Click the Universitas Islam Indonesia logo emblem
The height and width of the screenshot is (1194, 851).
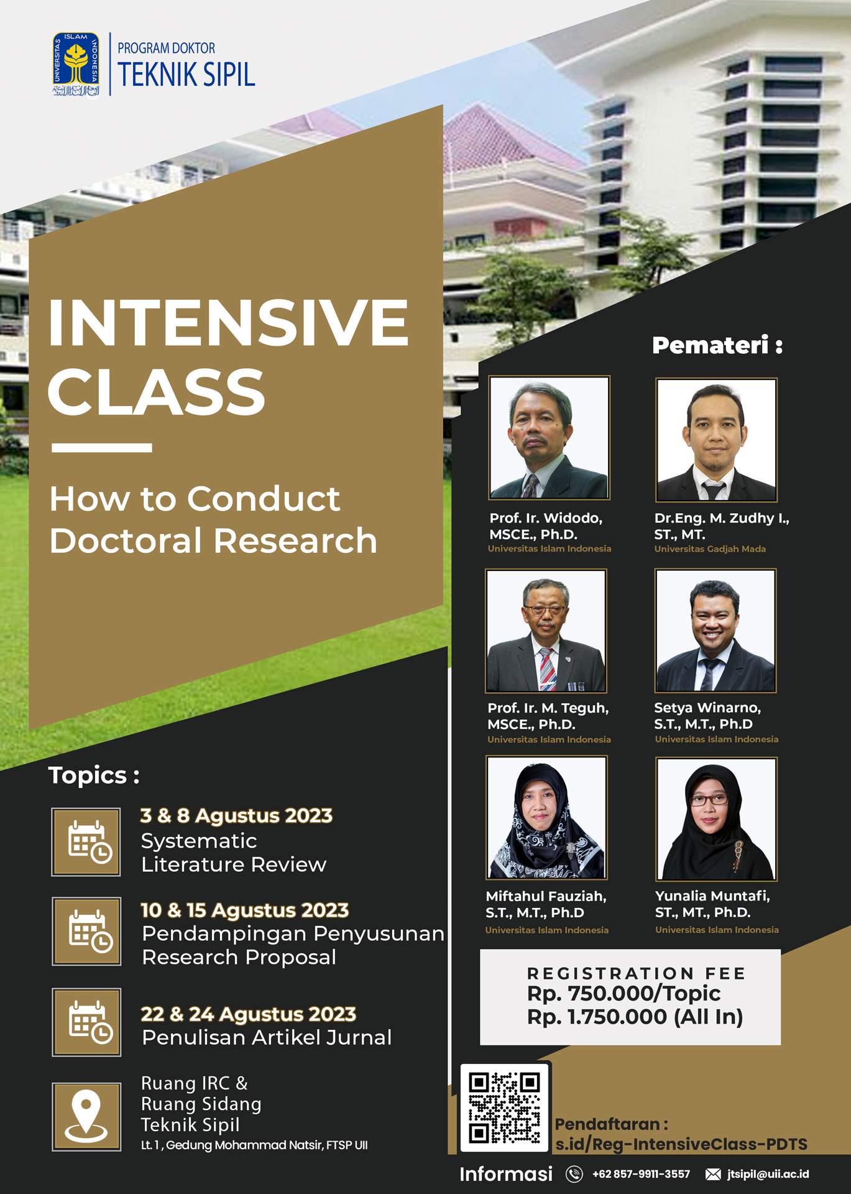76,65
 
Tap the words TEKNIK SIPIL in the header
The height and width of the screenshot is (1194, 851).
186,75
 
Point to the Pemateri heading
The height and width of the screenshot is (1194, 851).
717,345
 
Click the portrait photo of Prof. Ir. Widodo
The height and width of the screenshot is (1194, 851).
549,437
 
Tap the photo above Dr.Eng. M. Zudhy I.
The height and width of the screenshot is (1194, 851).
716,440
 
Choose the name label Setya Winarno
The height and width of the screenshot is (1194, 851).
707,708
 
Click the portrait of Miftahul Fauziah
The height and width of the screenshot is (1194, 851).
546,817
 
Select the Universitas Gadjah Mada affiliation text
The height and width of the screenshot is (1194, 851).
710,549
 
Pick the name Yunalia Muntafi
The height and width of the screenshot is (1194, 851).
712,896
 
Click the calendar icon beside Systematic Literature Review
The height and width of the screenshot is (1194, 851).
86,842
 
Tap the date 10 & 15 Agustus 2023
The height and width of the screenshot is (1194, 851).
244,910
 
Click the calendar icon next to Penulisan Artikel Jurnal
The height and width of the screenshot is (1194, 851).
86,1022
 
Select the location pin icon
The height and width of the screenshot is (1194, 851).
86,1116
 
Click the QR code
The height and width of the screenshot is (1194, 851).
505,1108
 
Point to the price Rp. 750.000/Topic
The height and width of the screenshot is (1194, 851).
623,994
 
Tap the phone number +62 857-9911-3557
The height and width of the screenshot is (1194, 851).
641,1174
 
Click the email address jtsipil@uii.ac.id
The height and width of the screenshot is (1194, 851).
768,1174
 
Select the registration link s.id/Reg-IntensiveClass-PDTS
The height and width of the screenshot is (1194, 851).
681,1144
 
